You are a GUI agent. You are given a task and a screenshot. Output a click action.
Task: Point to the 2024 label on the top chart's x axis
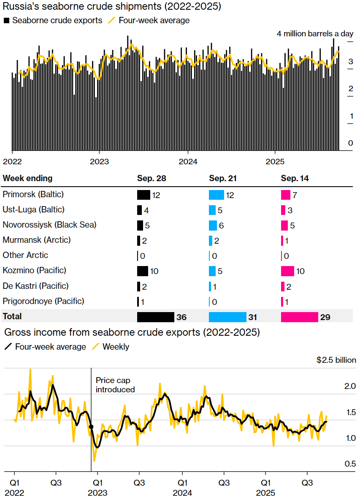pyautogui.click(x=188, y=162)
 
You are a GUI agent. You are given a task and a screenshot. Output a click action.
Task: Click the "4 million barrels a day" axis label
pyautogui.click(x=316, y=34)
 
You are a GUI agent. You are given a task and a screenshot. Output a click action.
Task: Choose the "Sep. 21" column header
pyautogui.click(x=223, y=179)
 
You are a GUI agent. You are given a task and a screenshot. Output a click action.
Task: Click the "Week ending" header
pyautogui.click(x=27, y=178)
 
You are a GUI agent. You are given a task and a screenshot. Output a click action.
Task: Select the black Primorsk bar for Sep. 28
pyautogui.click(x=143, y=195)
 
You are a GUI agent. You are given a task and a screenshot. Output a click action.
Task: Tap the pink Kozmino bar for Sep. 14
pyautogui.click(x=287, y=271)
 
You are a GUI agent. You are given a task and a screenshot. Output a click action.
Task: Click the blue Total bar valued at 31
pyautogui.click(x=227, y=317)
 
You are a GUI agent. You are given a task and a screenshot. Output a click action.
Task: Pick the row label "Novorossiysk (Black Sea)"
pyautogui.click(x=49, y=225)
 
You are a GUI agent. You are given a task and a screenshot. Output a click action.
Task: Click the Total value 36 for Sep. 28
pyautogui.click(x=181, y=317)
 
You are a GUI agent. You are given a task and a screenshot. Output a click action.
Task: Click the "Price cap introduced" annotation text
pyautogui.click(x=115, y=385)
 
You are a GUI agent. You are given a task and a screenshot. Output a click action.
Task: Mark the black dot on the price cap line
pyautogui.click(x=91, y=427)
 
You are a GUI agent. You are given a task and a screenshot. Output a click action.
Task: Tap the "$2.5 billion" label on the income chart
pyautogui.click(x=336, y=360)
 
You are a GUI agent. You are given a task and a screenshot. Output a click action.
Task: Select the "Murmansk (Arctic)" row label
pyautogui.click(x=36, y=240)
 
